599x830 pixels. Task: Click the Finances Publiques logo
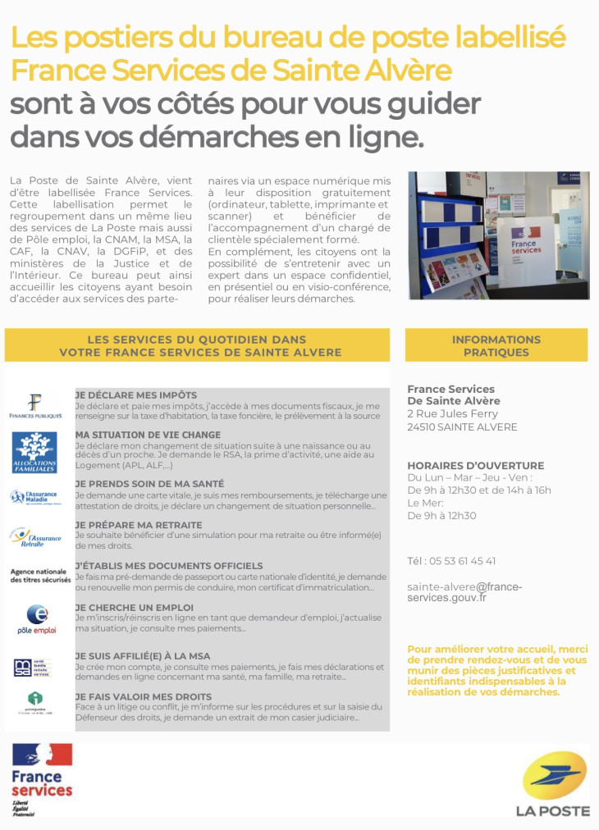coord(35,406)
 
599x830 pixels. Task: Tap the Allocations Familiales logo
coord(34,452)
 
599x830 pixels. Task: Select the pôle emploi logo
coord(36,618)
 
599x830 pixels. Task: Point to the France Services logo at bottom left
coord(42,778)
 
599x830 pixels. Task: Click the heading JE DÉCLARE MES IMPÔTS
coord(136,394)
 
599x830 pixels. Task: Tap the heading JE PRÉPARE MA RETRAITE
coord(139,525)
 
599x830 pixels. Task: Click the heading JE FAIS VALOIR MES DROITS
coord(144,696)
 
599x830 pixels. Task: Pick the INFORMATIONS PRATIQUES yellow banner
coord(496,345)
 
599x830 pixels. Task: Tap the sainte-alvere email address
coord(464,592)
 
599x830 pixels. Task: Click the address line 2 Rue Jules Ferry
coord(452,414)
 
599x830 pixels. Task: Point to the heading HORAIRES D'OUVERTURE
coord(475,465)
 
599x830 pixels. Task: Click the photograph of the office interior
coord(498,235)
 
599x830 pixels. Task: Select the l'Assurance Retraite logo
coord(36,537)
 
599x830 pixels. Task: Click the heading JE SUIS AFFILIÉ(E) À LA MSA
coord(143,656)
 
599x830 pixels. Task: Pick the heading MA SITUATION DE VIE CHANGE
coord(148,435)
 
